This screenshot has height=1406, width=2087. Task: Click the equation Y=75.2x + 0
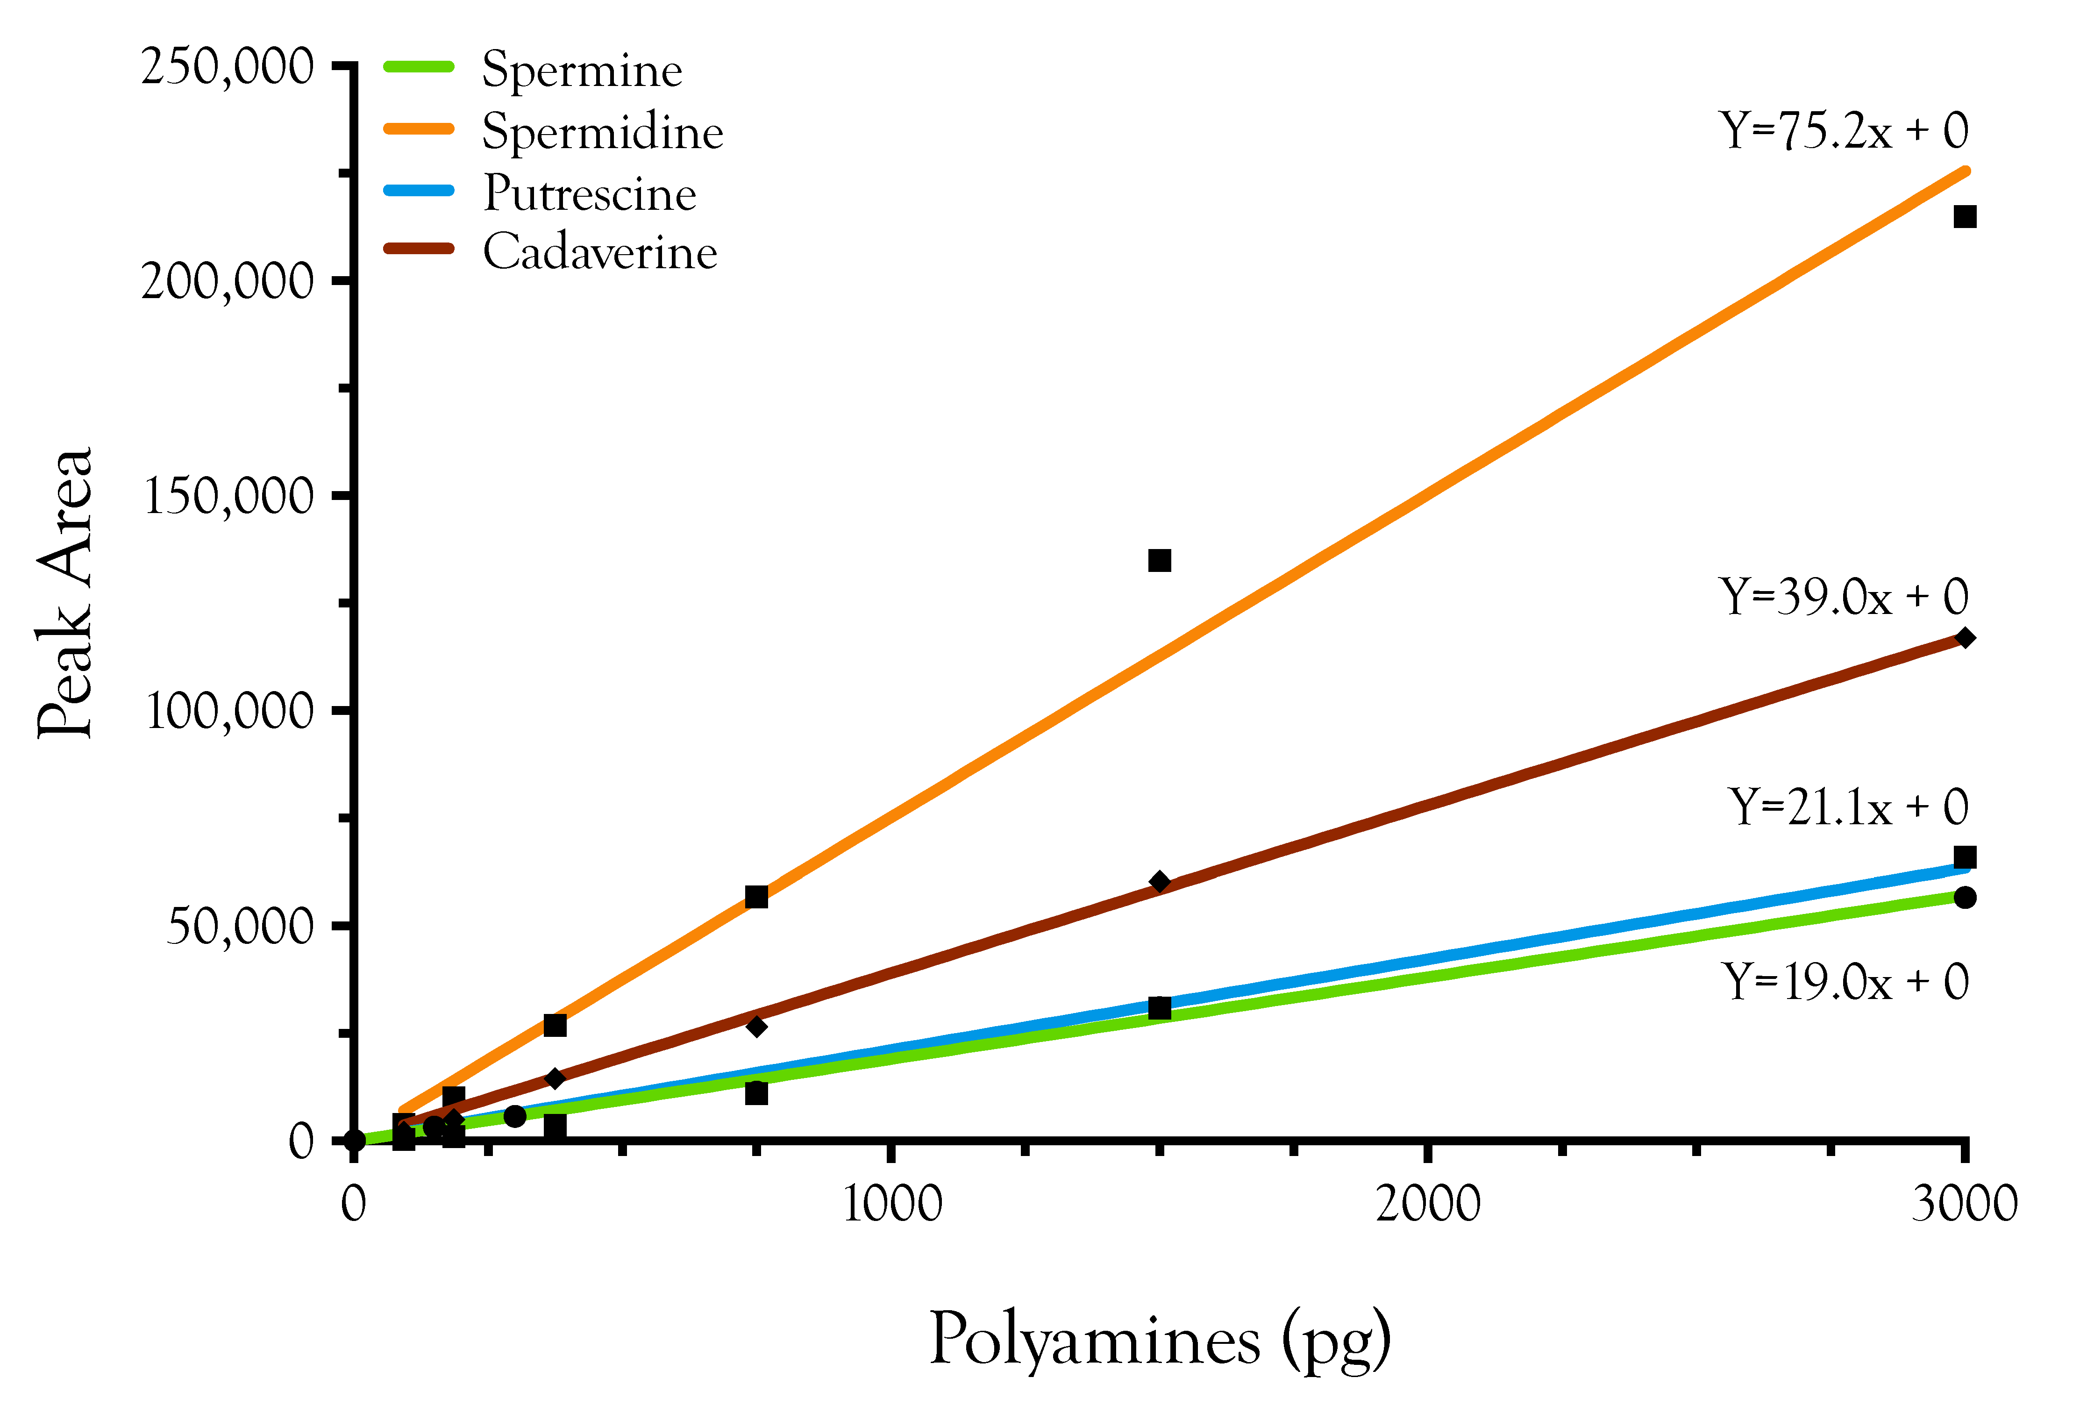click(1843, 131)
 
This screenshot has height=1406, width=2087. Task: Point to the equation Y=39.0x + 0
click(1843, 597)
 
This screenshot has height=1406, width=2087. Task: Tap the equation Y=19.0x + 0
click(1845, 982)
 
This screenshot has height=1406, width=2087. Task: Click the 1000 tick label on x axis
click(892, 1204)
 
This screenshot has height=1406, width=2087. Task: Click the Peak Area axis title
click(64, 592)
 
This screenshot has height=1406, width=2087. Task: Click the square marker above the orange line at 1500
click(1159, 560)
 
